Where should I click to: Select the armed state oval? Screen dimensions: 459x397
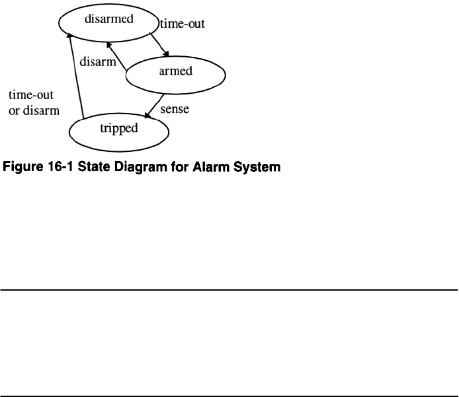(x=175, y=73)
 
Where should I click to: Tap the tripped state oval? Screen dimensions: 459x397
(x=119, y=129)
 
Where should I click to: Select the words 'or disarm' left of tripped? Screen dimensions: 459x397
(x=34, y=110)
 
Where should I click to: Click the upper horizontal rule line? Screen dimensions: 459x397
(x=229, y=289)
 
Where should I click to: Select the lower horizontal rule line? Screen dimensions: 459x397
(x=229, y=377)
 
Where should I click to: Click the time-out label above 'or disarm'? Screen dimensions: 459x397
(x=30, y=95)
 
